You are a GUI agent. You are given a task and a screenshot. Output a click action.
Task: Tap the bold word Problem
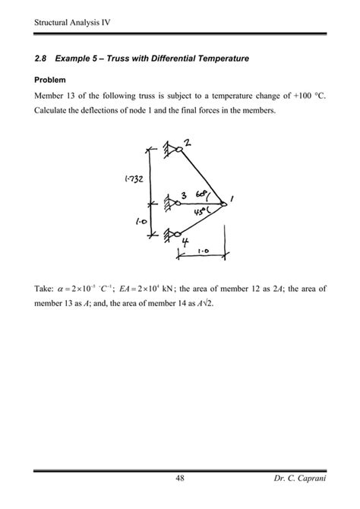tap(50, 79)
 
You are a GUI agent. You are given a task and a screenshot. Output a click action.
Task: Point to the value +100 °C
tap(299, 95)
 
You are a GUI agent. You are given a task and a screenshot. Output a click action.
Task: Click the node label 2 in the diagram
tap(187, 142)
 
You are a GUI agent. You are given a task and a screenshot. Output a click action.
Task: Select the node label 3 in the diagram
tap(184, 194)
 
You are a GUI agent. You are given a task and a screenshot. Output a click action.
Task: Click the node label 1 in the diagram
tap(232, 199)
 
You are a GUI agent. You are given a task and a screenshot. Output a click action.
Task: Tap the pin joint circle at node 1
tap(225, 203)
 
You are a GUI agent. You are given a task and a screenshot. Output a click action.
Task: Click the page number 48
tap(179, 478)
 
